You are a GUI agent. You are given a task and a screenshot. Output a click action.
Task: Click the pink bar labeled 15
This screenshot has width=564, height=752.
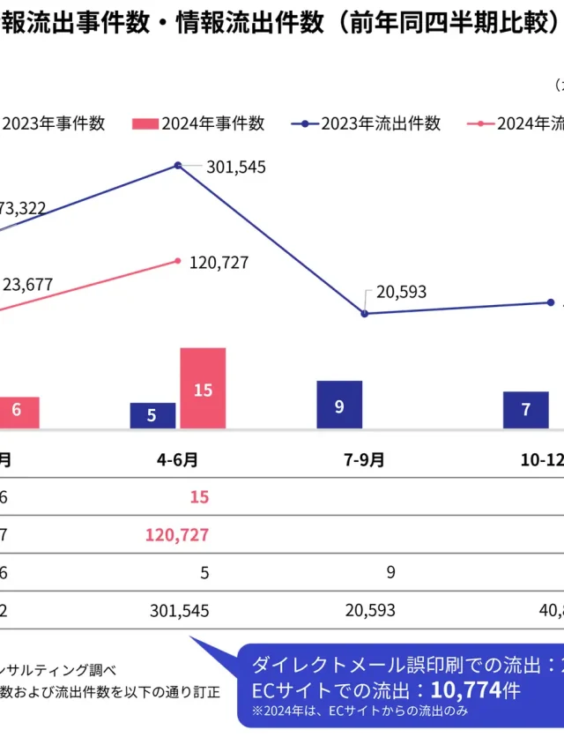[203, 388]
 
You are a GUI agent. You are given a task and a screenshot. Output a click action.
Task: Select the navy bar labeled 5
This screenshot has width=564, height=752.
[152, 415]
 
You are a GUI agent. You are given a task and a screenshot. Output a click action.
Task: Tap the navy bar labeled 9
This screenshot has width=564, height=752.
[339, 405]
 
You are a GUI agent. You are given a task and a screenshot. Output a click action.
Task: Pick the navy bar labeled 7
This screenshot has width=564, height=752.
[526, 410]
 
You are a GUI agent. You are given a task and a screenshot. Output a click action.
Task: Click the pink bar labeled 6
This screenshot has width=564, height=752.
[18, 412]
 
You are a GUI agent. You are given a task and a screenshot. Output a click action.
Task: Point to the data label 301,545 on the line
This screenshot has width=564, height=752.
[235, 167]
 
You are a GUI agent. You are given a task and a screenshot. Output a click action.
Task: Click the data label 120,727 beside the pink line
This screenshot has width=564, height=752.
[219, 263]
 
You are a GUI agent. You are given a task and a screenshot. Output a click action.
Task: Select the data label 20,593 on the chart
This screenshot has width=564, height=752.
[401, 292]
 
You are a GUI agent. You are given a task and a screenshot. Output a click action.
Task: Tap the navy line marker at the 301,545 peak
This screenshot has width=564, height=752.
[178, 166]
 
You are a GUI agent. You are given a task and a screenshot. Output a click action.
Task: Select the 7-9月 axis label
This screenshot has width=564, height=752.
[364, 459]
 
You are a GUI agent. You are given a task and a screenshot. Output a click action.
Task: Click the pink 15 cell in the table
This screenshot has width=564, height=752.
[199, 497]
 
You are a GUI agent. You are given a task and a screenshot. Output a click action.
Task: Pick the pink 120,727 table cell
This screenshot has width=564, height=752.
[176, 534]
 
